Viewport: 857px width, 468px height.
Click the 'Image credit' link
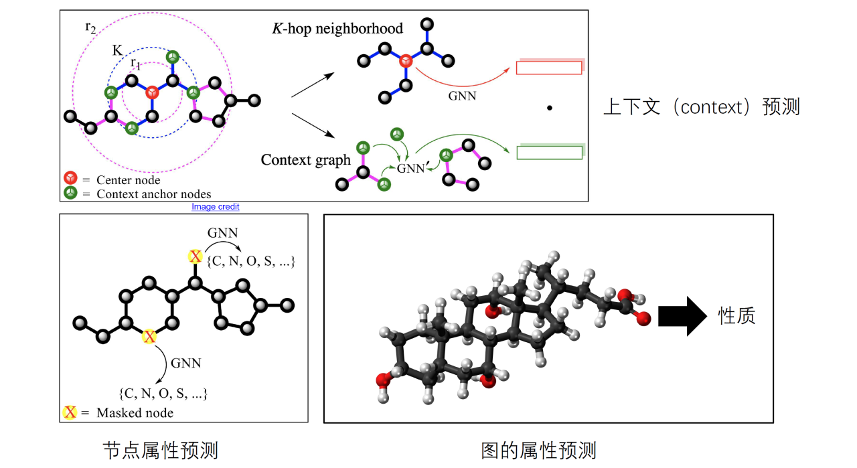(x=215, y=207)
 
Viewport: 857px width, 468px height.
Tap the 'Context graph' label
(x=305, y=160)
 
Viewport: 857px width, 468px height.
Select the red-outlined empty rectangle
(x=548, y=68)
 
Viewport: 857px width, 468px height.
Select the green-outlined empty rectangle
(x=548, y=153)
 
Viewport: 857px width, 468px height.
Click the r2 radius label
(x=90, y=27)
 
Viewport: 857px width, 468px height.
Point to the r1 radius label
(x=135, y=64)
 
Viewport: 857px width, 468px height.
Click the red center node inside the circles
(x=152, y=92)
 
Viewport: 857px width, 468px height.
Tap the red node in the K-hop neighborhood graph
(x=405, y=62)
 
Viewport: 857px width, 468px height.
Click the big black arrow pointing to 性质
(x=682, y=315)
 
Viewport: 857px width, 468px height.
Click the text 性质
(x=736, y=315)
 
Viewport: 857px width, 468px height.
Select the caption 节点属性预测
(x=160, y=450)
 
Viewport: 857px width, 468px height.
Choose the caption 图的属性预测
(x=538, y=450)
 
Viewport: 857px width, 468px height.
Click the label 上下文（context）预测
(x=701, y=107)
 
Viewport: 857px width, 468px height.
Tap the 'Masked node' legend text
(x=135, y=412)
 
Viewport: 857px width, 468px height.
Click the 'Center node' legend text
(x=128, y=179)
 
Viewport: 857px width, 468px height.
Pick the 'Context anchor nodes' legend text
(x=153, y=194)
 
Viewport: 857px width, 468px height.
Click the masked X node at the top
(x=195, y=256)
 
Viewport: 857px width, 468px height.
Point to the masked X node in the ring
(x=149, y=336)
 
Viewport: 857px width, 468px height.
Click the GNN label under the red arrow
(x=462, y=96)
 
